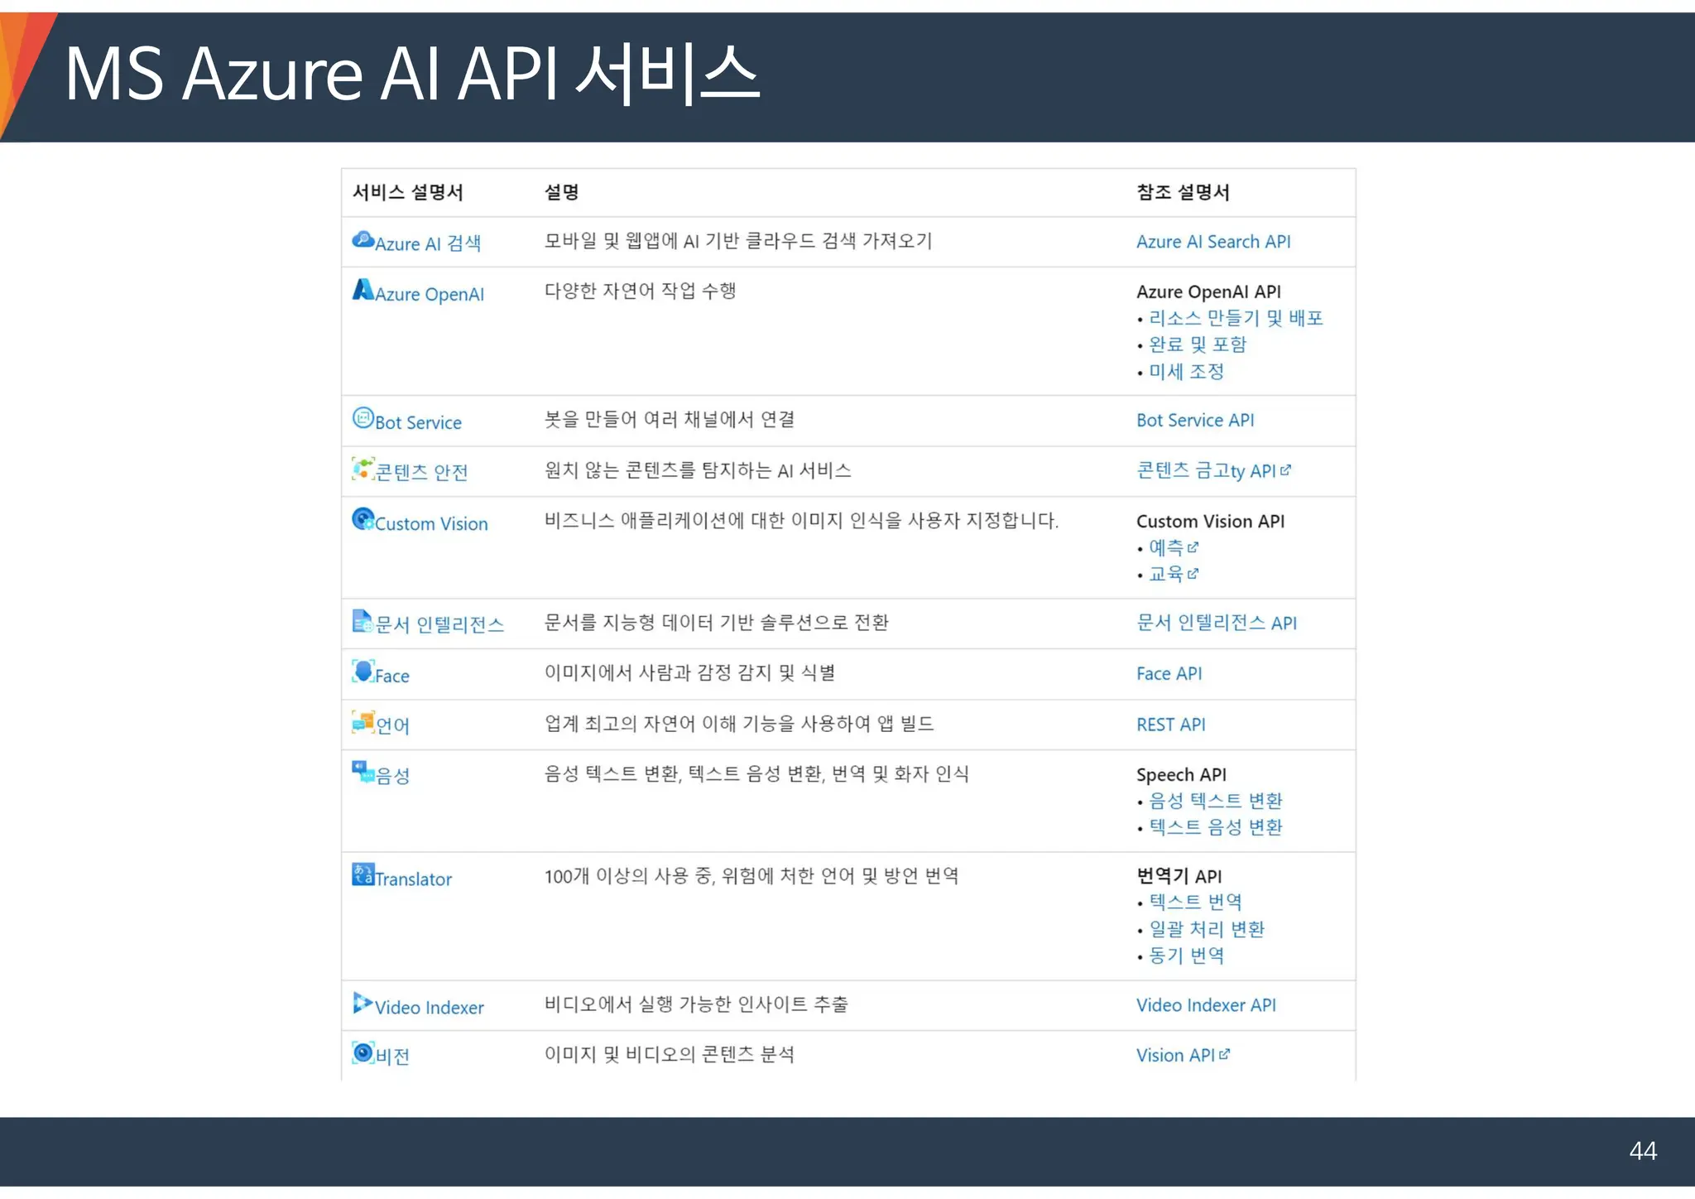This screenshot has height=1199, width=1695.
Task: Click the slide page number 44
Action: coord(1642,1151)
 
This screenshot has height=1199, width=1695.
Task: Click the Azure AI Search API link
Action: coord(1212,242)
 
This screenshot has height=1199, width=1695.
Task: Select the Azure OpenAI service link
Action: coord(429,294)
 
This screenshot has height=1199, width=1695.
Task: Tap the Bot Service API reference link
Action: coord(1194,421)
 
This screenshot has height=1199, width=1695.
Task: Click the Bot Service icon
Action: coord(363,418)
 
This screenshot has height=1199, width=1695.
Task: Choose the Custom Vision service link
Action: coord(430,524)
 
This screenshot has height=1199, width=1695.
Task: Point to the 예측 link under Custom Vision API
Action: coord(1166,547)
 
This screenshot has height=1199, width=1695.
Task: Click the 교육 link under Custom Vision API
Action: coord(1166,574)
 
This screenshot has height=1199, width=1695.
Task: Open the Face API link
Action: coord(1169,674)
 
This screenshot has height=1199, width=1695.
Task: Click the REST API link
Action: coord(1170,725)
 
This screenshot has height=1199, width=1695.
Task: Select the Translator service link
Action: coord(413,879)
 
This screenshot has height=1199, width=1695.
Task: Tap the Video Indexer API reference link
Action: coord(1205,1005)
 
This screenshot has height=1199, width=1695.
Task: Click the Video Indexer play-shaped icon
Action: coord(362,1003)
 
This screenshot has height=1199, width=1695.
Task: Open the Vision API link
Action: coord(1175,1056)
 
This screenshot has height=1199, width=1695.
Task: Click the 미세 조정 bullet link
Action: coord(1186,372)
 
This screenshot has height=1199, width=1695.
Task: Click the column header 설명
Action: coord(561,192)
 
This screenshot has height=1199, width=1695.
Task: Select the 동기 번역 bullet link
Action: coord(1186,956)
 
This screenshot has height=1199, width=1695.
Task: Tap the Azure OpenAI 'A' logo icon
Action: coord(363,290)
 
